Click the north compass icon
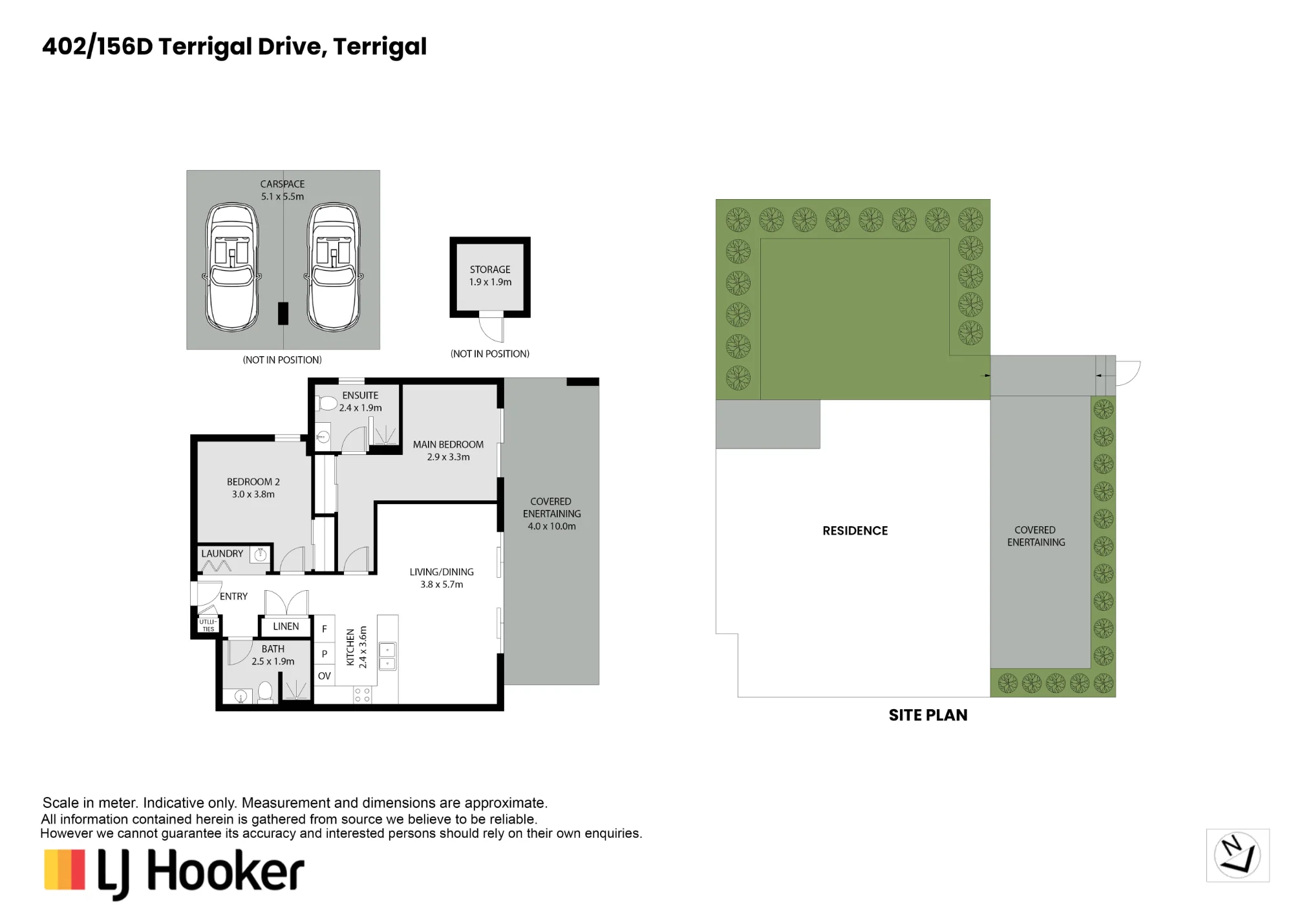click(1237, 855)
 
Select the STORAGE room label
click(490, 270)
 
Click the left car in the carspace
click(232, 267)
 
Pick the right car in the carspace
click(334, 267)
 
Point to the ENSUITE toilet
click(326, 403)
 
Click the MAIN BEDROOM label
click(448, 445)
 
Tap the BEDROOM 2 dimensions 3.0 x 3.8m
click(253, 494)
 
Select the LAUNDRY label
click(222, 554)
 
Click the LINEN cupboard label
click(286, 626)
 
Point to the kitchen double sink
click(387, 656)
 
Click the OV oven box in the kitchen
click(324, 676)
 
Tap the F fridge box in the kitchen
click(324, 628)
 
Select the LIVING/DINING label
click(442, 572)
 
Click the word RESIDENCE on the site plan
click(855, 531)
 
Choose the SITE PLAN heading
click(928, 715)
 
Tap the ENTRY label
click(233, 597)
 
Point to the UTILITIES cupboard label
click(208, 626)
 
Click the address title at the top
click(234, 47)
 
